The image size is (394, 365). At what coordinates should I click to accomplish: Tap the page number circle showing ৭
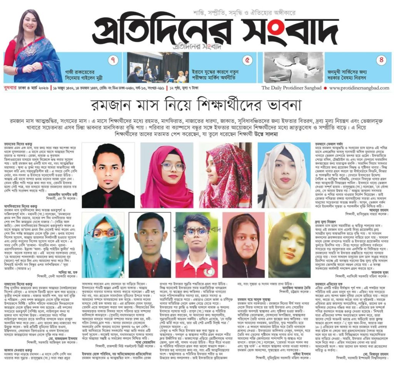click(113, 61)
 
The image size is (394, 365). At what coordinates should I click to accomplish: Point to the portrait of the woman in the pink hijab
click(167, 175)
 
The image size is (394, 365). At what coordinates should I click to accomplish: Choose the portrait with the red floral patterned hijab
click(225, 175)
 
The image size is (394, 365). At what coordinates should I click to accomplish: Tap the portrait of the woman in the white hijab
click(284, 175)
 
